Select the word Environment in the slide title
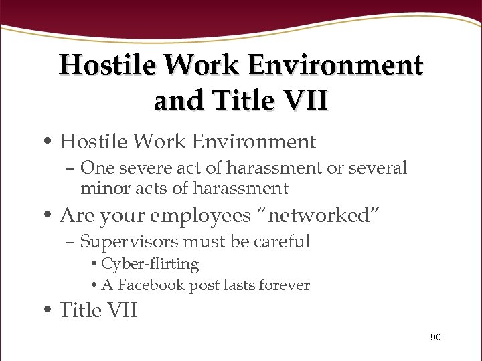pyautogui.click(x=335, y=66)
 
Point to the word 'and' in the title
pyautogui.click(x=178, y=100)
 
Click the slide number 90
pyautogui.click(x=435, y=338)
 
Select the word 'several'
pyautogui.click(x=378, y=168)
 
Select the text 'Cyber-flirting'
pyautogui.click(x=150, y=265)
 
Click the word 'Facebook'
pyautogui.click(x=149, y=285)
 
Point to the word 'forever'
pyautogui.click(x=284, y=285)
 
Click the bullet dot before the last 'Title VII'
pyautogui.click(x=50, y=310)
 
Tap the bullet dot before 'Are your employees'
pyautogui.click(x=50, y=216)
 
